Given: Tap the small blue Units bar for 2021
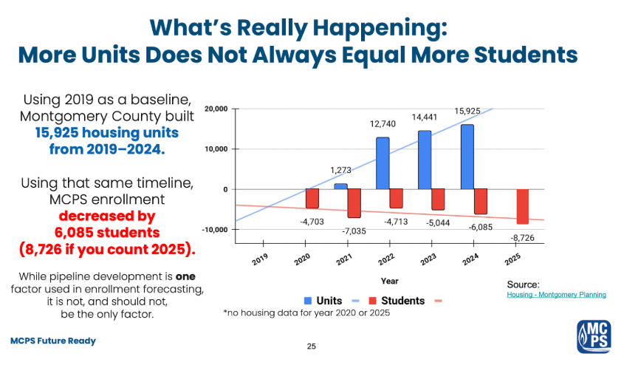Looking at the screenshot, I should click(x=340, y=186).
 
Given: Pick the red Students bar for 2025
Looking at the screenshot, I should click(x=523, y=206).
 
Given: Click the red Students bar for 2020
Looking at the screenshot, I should click(x=312, y=198).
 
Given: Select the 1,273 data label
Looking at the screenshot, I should click(x=340, y=171).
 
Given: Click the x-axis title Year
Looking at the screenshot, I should click(x=389, y=281).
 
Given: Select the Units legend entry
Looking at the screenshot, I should click(x=323, y=301).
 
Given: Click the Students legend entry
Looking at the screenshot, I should click(x=397, y=301).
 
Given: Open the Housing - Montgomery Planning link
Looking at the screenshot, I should click(x=556, y=295).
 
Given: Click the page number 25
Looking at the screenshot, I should click(x=311, y=346).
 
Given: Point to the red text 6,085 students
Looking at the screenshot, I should click(x=107, y=232).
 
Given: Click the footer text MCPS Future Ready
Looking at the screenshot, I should click(x=52, y=341).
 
